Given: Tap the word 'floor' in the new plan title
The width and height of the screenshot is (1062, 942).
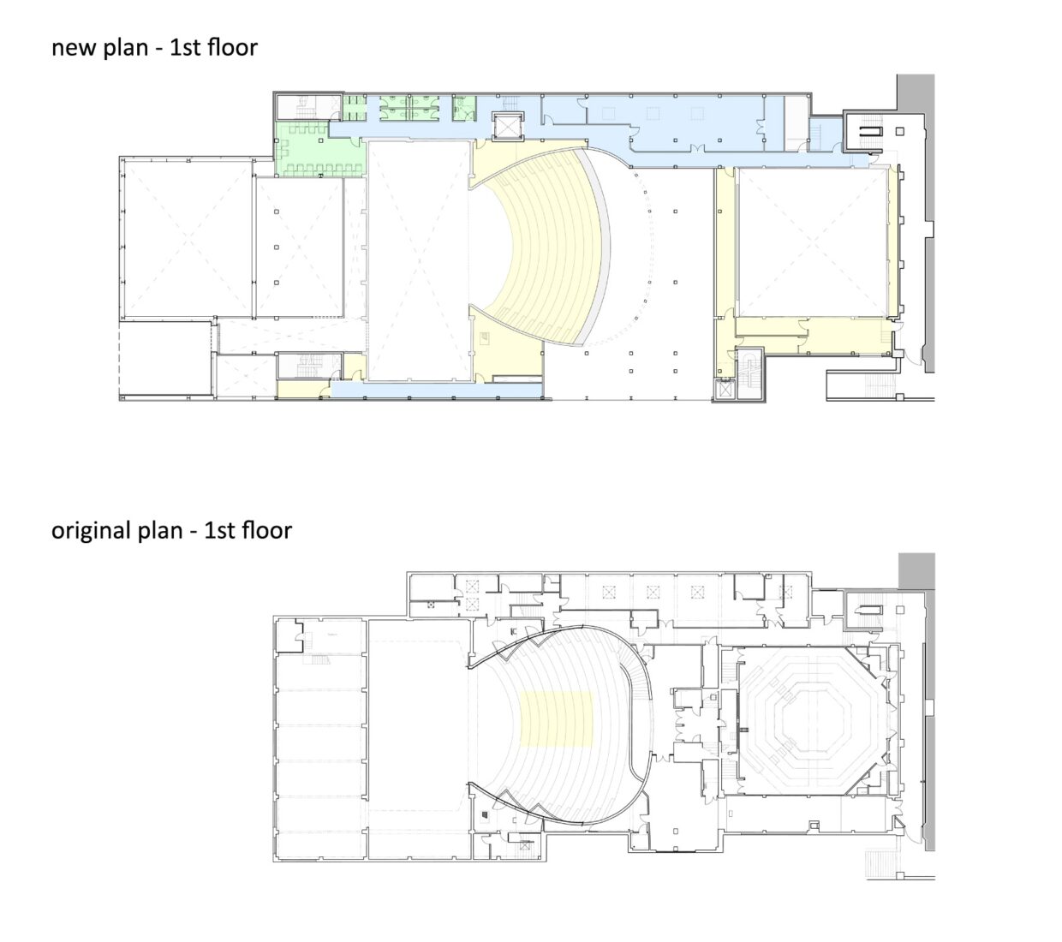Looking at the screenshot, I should pyautogui.click(x=231, y=48).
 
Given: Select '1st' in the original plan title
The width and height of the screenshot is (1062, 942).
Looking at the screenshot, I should pyautogui.click(x=220, y=531).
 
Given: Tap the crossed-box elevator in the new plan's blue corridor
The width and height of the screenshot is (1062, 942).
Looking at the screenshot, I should pyautogui.click(x=506, y=124).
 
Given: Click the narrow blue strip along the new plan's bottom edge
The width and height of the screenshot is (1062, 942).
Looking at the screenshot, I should pyautogui.click(x=437, y=390).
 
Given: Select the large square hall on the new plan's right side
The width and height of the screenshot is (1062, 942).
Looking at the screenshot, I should pyautogui.click(x=809, y=242).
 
